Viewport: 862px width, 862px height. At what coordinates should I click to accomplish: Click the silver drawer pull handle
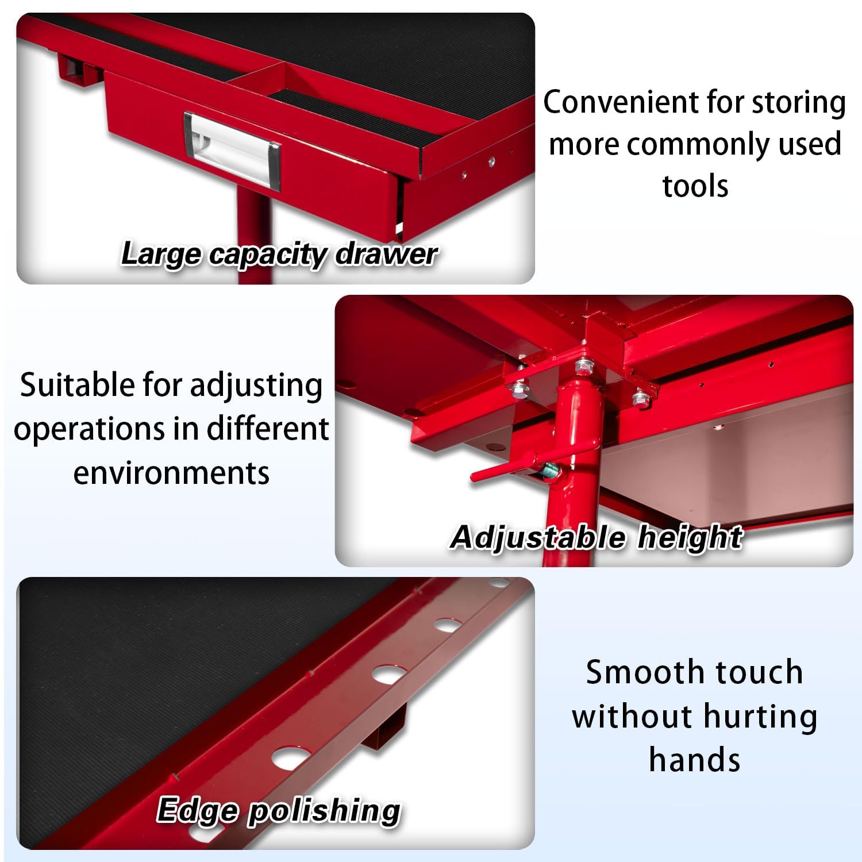coord(232,147)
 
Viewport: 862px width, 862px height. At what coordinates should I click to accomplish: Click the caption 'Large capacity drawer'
coord(279,253)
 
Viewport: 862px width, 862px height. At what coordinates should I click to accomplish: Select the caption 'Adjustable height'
coord(597,538)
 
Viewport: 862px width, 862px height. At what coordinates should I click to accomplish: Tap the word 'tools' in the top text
coord(695,186)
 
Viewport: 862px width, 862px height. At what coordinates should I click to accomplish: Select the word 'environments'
coord(171,473)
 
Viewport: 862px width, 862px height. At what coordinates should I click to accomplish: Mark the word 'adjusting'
coord(256,386)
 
